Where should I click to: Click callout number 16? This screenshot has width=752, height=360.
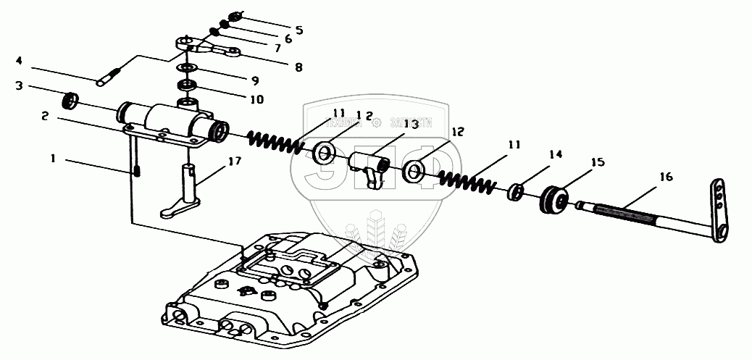tap(665, 176)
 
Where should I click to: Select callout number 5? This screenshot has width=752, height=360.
tap(298, 30)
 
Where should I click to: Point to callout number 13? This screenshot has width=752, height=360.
tap(411, 125)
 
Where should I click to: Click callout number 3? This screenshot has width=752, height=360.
tap(20, 85)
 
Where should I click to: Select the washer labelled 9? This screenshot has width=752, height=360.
tap(188, 67)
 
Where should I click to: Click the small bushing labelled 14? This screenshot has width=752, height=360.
tap(517, 191)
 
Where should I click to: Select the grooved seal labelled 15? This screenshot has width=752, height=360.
tap(554, 201)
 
